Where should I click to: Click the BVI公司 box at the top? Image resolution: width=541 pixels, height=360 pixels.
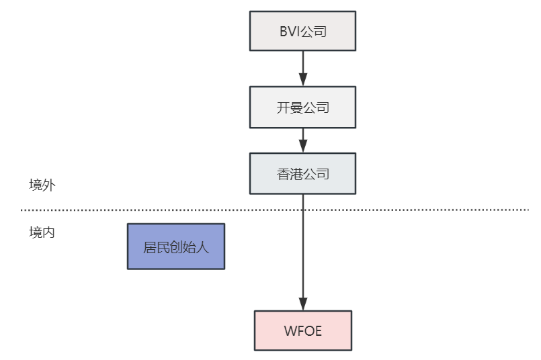302,31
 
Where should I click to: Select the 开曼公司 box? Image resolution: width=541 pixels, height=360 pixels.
302,107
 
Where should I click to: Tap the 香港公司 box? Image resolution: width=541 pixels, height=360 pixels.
302,174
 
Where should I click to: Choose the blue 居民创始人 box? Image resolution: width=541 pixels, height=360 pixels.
176,246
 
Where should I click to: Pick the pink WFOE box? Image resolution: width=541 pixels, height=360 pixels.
302,330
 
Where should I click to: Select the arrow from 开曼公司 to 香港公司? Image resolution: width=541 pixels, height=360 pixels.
302,140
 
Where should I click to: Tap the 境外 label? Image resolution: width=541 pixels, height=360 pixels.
42,185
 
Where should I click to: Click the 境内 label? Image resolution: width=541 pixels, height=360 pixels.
42,232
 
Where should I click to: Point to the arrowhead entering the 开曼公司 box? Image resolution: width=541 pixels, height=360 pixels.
302,80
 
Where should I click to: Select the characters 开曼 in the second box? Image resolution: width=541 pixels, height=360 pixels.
290,107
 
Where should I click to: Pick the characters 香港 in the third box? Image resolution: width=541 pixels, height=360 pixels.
290,174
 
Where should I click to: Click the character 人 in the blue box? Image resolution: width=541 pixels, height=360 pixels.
202,246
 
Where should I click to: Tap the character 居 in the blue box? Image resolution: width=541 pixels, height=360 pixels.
150,246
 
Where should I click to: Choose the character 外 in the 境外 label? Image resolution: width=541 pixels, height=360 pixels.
48,185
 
